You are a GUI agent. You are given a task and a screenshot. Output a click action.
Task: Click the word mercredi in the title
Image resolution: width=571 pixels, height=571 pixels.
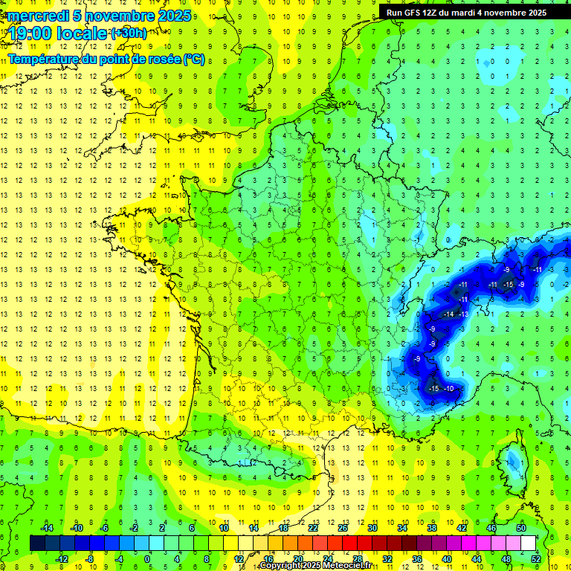coord(36,16)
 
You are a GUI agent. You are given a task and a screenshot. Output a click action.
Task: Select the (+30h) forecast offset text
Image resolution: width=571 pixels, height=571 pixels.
coord(128,33)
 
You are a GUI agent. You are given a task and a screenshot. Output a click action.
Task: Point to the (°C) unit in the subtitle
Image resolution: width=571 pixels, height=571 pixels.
coord(194,59)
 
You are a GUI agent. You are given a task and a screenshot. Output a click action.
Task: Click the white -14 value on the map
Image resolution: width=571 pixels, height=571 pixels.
coord(448,314)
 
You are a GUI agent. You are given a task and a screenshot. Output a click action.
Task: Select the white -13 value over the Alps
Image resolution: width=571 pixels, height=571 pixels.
coord(463,314)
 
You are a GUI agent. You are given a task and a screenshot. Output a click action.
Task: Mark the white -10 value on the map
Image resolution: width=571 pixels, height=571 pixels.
coord(448,389)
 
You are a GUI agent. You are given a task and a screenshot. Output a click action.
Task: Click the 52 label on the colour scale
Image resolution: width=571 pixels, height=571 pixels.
coord(535,559)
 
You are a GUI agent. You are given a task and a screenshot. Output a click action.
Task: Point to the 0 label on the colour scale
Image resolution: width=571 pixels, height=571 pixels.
coord(147,559)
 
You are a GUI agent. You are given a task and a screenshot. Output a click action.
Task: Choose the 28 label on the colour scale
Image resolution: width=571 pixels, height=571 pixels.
coord(357,559)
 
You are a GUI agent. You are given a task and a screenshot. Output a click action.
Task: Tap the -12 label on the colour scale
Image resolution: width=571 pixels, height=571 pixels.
coord(63,559)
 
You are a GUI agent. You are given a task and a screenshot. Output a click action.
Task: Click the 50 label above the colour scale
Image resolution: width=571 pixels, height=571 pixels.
coord(520,527)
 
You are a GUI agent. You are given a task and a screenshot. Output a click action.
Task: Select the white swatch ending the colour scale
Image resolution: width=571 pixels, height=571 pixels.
coord(529,543)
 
